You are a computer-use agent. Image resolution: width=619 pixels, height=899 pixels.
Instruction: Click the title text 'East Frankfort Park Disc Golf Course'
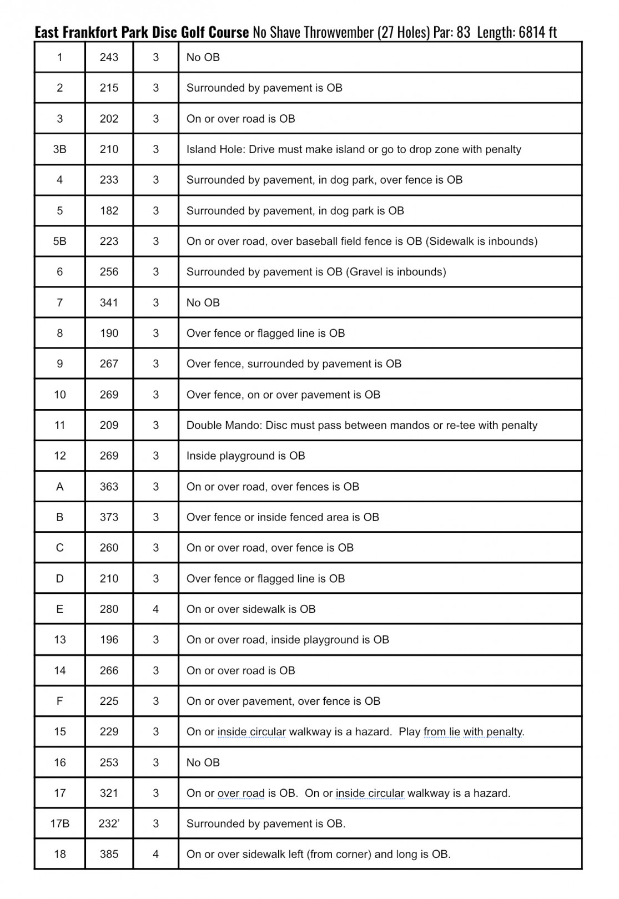click(x=142, y=32)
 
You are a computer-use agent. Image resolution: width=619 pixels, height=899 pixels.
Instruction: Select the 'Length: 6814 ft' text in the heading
click(x=516, y=32)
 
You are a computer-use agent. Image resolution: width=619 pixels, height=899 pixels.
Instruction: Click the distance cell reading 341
click(x=109, y=302)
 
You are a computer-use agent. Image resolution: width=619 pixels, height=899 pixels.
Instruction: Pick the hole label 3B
click(x=59, y=149)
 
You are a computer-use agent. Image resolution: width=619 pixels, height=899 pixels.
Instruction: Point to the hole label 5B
click(x=59, y=241)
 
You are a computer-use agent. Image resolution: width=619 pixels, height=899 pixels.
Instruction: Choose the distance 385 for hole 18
click(x=109, y=854)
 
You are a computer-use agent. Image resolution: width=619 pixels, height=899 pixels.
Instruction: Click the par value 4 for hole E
click(x=155, y=609)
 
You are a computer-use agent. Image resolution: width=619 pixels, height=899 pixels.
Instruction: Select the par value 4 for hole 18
click(x=155, y=854)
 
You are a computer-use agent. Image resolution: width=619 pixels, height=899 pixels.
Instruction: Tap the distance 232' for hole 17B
click(x=109, y=824)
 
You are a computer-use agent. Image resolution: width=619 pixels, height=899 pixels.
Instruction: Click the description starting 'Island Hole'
click(x=354, y=149)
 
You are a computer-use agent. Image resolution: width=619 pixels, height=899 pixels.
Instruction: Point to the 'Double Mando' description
click(x=361, y=425)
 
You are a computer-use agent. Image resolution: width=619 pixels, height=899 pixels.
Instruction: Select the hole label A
click(x=59, y=487)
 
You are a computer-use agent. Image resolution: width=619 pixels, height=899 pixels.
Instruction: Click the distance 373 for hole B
click(x=109, y=517)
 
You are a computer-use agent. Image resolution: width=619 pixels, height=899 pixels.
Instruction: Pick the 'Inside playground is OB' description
click(x=245, y=456)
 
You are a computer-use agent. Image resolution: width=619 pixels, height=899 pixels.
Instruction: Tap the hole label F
click(x=59, y=701)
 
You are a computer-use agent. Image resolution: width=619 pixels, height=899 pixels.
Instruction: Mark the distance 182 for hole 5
click(x=109, y=211)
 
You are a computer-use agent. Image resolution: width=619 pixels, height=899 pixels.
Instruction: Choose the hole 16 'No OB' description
click(x=203, y=762)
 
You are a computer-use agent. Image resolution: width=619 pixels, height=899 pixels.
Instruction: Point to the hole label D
click(x=59, y=579)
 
